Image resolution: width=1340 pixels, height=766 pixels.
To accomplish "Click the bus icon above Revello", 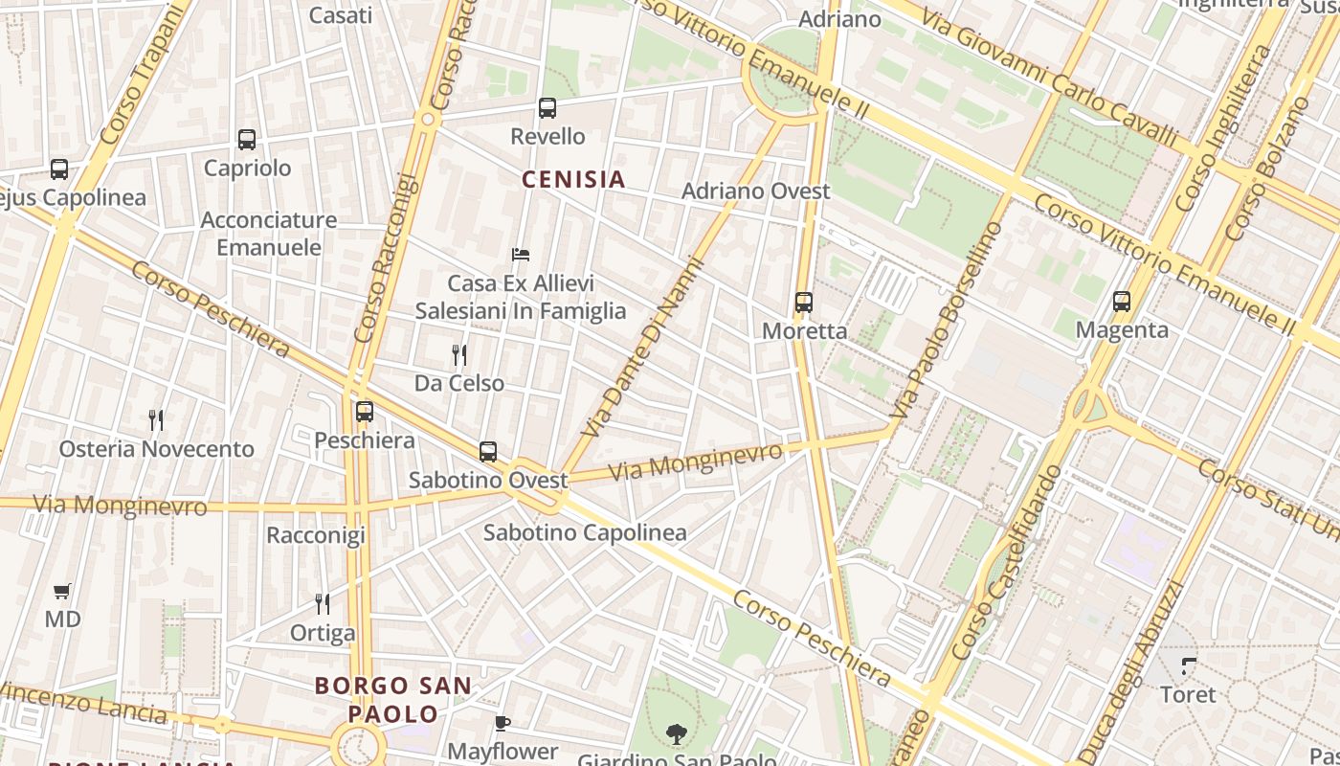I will (547, 108).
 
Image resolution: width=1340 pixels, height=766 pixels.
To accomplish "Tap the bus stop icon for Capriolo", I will (247, 140).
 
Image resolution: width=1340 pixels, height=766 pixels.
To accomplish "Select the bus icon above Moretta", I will (804, 303).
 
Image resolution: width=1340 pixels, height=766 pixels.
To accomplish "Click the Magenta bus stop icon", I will (1122, 302).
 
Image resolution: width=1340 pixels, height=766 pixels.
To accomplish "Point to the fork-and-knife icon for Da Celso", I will (459, 355).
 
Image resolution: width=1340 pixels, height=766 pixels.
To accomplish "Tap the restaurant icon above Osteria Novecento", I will (157, 419).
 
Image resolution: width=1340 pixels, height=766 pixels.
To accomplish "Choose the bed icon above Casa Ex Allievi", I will (521, 255).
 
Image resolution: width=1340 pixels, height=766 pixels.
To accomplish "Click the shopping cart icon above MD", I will (62, 591).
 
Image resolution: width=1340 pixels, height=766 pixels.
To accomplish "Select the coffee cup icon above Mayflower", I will (502, 723).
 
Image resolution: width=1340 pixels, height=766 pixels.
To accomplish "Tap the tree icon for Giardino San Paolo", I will (677, 734).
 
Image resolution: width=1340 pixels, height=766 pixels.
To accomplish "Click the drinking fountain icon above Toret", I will (1189, 665).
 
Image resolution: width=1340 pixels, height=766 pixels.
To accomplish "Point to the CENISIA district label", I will (573, 179).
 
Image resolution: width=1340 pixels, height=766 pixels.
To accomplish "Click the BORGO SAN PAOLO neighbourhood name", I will (393, 700).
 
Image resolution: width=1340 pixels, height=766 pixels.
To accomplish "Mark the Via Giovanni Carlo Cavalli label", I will (1049, 74).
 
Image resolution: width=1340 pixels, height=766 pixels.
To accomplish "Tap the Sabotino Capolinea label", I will (585, 533).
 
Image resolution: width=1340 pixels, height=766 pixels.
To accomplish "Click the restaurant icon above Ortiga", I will (323, 603).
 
